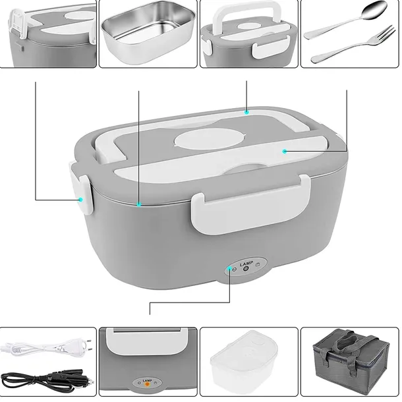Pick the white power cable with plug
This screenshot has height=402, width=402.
tap(40, 347)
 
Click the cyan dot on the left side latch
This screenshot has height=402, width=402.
tap(80, 199)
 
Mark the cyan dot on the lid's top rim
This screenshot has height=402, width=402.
tap(246, 113)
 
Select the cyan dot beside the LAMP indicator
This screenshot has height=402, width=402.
tap(231, 268)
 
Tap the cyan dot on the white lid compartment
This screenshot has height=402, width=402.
tap(285, 151)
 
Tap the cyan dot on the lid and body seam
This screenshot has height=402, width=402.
tap(140, 206)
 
